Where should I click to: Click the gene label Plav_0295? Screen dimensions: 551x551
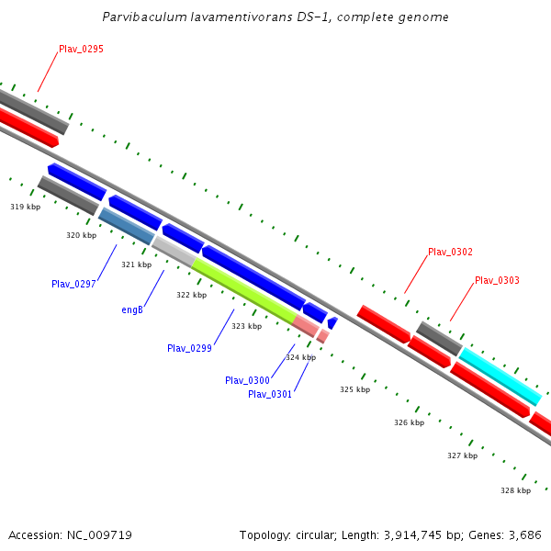pos(81,49)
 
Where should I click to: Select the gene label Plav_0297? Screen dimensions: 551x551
pos(73,284)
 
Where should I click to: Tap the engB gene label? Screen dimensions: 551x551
pos(132,309)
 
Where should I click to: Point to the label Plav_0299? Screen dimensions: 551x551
pos(189,348)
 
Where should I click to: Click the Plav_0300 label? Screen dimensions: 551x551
pos(247,380)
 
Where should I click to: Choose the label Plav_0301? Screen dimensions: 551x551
pos(270,394)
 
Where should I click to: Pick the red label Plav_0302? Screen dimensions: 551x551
pos(450,252)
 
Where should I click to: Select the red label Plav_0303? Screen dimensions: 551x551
pos(497,280)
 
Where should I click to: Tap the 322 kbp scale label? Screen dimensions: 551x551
pos(191,295)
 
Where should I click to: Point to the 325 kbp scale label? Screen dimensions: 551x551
pos(354,389)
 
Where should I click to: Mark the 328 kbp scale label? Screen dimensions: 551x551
pos(515,490)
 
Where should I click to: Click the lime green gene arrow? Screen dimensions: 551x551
pos(243,290)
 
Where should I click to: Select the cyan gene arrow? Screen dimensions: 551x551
pos(500,376)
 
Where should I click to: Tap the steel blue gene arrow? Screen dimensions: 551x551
pos(127,226)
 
